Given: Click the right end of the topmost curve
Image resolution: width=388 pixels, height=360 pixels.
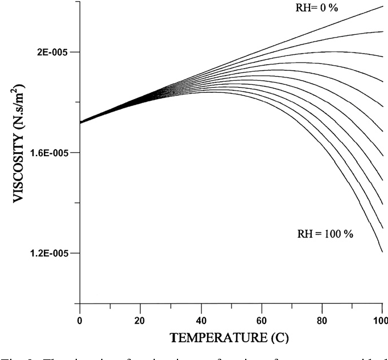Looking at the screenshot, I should tap(382, 6).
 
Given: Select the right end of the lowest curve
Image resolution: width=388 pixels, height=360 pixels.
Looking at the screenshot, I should tap(382, 251).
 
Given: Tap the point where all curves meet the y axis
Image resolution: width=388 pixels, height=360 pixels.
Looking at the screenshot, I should tap(80, 122).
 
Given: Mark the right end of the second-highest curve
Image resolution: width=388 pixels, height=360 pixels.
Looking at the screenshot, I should tap(382, 31).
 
